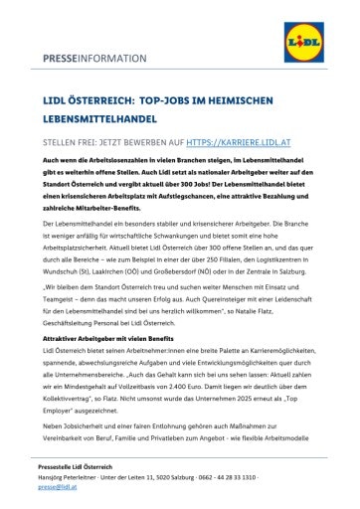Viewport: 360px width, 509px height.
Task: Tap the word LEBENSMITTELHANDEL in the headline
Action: tap(97, 115)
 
